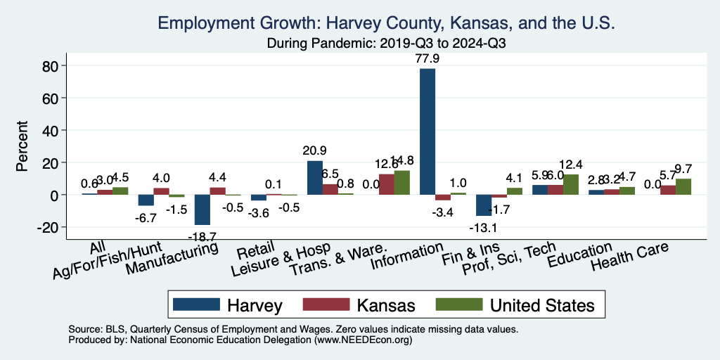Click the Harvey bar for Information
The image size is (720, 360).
click(x=427, y=131)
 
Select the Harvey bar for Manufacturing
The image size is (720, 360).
click(x=202, y=210)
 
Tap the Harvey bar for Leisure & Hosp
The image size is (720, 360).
click(x=315, y=178)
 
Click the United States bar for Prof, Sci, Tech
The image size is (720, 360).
click(x=570, y=184)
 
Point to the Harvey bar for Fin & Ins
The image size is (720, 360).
click(x=484, y=205)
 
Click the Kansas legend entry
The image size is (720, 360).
click(x=359, y=305)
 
